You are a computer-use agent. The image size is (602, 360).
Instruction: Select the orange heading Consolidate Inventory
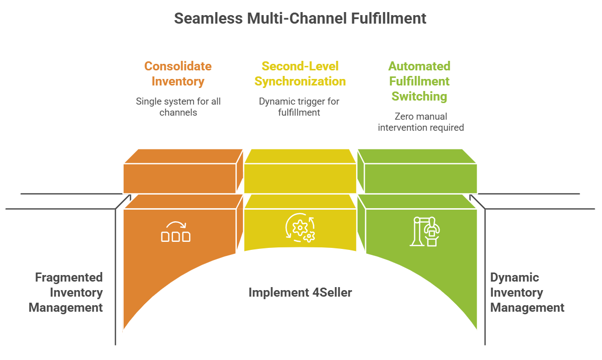point(178,73)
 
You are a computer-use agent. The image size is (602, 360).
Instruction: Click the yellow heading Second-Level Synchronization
point(300,73)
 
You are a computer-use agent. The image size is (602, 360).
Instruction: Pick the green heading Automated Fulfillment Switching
point(420,81)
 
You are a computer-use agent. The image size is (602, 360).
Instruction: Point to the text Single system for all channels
point(178,107)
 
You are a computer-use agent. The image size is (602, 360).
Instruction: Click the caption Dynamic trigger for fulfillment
point(299,107)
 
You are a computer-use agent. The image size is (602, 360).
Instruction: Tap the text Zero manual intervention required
point(420,122)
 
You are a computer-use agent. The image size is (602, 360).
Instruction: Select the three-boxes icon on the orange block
point(176,232)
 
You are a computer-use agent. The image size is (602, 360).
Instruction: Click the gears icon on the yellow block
point(300,228)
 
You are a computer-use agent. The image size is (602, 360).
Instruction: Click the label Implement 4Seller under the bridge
point(300,292)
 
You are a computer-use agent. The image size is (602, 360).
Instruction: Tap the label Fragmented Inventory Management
point(66,292)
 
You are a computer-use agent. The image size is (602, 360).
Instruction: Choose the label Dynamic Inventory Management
point(527,292)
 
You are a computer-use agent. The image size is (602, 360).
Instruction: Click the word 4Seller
point(328,292)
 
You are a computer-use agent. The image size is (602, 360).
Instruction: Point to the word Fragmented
point(69,278)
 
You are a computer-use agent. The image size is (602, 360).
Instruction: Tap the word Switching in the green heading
point(420,96)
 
